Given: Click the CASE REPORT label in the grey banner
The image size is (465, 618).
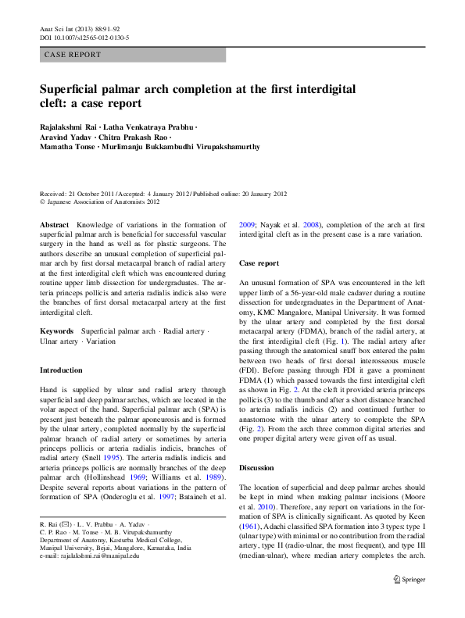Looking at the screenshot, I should tap(73, 55).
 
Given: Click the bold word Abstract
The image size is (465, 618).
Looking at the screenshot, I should tap(55, 224).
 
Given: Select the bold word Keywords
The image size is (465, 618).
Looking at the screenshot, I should tap(57, 331).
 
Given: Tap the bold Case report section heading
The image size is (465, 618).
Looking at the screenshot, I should tap(259, 264).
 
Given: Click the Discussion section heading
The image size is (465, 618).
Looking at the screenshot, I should tap(257, 466).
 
